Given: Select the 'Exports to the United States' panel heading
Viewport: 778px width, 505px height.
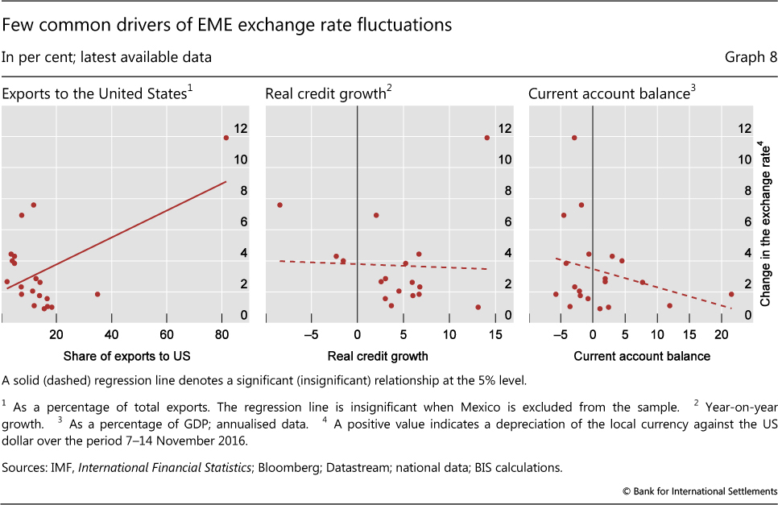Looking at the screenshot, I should coord(97,94).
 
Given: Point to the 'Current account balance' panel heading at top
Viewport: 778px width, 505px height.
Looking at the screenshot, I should coord(610,94).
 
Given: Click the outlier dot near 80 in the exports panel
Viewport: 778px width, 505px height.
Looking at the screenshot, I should coord(226,138).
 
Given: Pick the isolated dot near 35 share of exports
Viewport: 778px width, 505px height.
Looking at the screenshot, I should coord(97,294).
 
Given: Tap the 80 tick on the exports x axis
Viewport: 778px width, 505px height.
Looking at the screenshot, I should coord(221,333).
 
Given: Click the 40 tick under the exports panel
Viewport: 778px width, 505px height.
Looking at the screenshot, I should coord(111,333).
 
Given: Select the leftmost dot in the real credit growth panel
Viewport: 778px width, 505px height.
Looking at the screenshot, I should coord(279,205).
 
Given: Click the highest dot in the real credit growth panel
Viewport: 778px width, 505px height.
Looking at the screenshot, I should coord(486,138).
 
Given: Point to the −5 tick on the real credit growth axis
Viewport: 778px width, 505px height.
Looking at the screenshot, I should coord(311,333).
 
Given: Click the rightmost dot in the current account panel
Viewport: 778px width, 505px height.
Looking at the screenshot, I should coord(731,294).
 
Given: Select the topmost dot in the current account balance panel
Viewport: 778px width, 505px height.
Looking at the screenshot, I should coord(574,138).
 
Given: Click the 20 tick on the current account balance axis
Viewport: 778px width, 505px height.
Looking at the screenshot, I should coord(719,333).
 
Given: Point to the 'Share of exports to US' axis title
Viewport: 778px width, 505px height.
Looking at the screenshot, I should coord(113,355).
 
